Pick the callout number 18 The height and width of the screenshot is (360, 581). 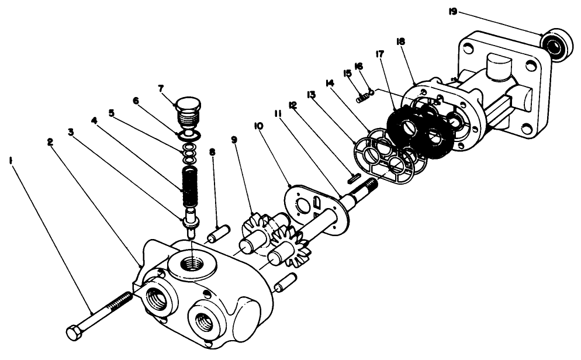tap(400, 43)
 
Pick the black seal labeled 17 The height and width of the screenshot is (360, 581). tap(420, 133)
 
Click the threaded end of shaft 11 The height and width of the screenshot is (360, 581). tap(369, 187)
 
